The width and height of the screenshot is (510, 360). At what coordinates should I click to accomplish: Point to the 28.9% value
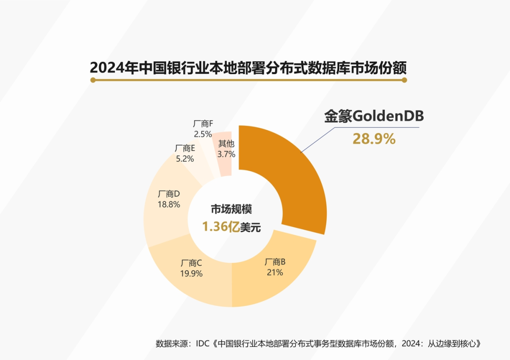pos(374,139)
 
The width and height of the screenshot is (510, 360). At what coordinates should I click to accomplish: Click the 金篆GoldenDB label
pos(374,117)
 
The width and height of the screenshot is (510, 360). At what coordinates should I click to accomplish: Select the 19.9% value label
pos(192,274)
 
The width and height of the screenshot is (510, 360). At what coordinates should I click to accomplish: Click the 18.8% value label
pos(169,205)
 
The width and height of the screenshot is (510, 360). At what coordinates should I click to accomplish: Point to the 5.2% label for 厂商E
pos(185,159)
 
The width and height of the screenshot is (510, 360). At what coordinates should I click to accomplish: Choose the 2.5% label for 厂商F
pos(203,134)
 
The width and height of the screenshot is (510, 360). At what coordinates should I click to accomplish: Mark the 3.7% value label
pos(226,154)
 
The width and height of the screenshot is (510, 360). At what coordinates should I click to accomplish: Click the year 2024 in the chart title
pos(104,67)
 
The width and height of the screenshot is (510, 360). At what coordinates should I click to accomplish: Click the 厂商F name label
pos(203,124)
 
